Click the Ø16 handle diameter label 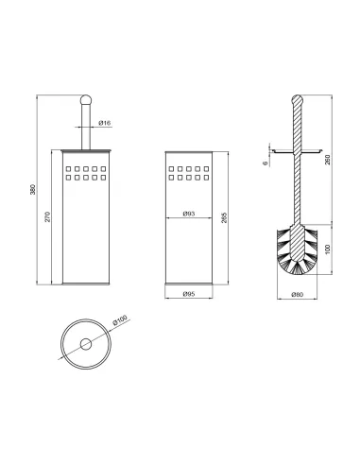[x=105, y=123]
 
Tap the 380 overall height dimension [x=33, y=189]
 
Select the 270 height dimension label [x=47, y=216]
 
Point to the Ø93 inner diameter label [x=189, y=214]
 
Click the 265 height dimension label [x=224, y=217]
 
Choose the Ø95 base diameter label [x=189, y=294]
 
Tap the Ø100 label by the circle [x=120, y=319]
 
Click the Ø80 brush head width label [x=297, y=295]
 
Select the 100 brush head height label [x=328, y=249]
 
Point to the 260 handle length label [x=328, y=160]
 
